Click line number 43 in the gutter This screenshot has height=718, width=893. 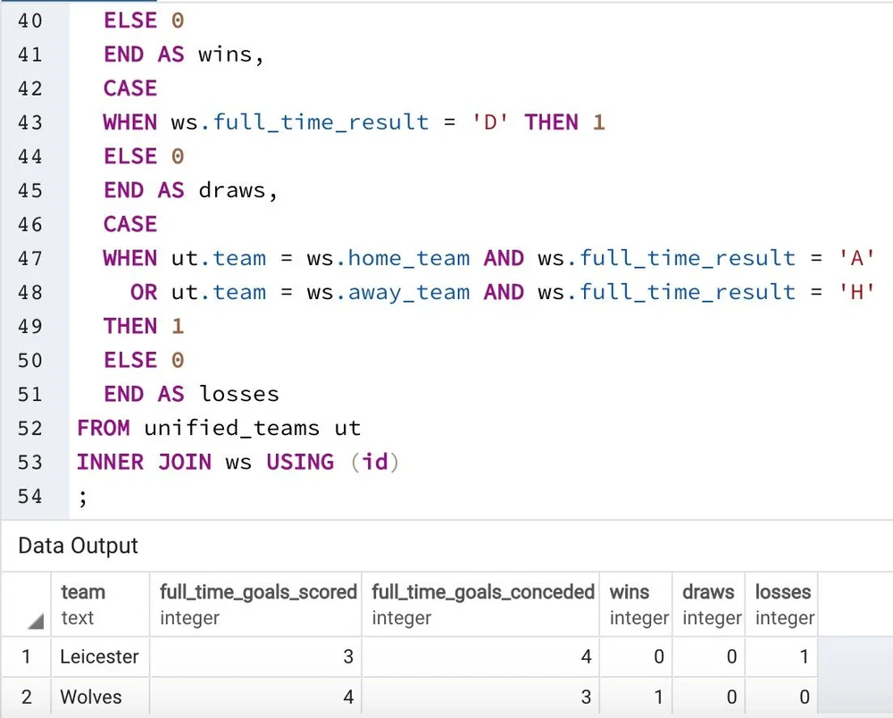[x=29, y=122]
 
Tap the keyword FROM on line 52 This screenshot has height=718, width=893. [x=103, y=428]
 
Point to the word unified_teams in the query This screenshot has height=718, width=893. [x=230, y=428]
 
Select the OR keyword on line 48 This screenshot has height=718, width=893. [x=144, y=292]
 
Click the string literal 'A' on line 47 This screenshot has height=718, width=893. [x=855, y=258]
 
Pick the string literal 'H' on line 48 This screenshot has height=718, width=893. [x=855, y=292]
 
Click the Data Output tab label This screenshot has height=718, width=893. [x=79, y=546]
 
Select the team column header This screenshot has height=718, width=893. [x=83, y=592]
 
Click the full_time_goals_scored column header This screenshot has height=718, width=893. [x=258, y=592]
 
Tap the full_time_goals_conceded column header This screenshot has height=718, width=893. [x=482, y=592]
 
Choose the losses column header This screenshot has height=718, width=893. [x=783, y=592]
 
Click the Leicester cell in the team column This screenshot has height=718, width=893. [x=99, y=657]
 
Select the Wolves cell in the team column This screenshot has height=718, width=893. [x=90, y=697]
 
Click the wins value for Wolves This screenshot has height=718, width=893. [x=658, y=697]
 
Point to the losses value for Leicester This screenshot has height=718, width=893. [x=804, y=657]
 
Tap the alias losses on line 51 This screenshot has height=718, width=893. [x=238, y=394]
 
